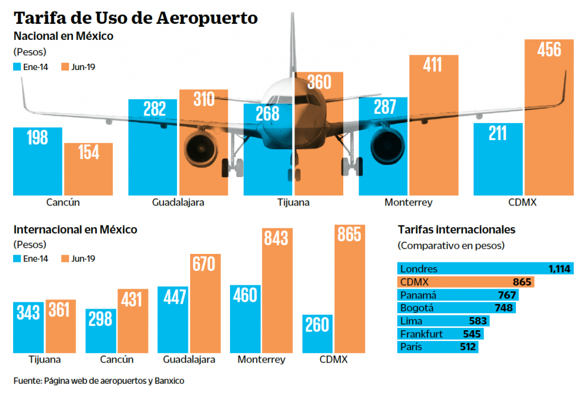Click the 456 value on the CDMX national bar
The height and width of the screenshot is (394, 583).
549,50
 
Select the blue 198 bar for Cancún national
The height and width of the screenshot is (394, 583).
38,162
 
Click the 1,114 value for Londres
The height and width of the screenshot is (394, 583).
559,269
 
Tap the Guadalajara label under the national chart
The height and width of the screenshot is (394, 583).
178,202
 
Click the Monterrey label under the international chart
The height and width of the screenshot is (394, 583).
261,359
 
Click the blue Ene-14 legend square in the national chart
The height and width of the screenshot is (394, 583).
17,67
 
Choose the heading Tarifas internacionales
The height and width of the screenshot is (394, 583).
455,230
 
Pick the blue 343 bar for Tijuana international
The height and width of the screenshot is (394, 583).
28,327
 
